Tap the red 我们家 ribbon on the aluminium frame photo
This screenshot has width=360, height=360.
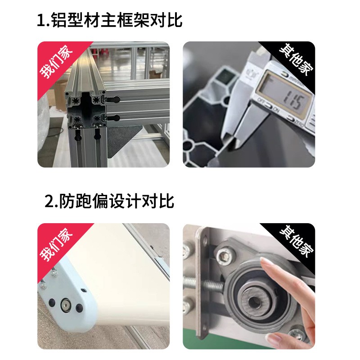[56, 60]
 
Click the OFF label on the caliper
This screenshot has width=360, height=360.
[260, 99]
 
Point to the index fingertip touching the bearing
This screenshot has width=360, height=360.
[267, 270]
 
